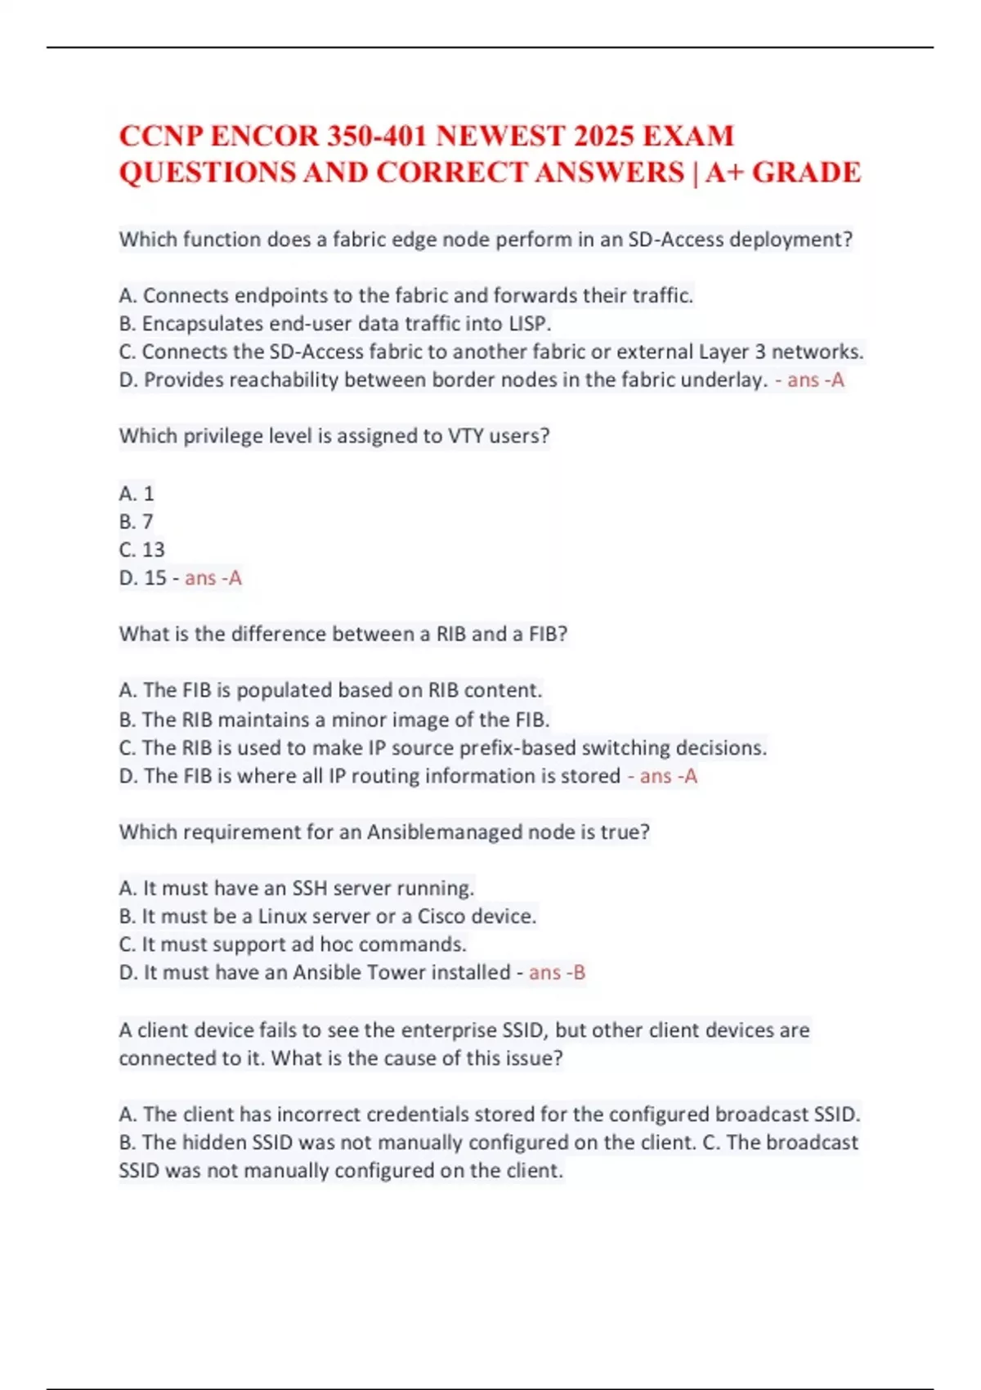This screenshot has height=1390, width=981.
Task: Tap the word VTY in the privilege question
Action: click(x=466, y=436)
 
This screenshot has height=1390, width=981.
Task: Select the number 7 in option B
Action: click(x=148, y=522)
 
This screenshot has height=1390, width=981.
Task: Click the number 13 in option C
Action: click(x=153, y=549)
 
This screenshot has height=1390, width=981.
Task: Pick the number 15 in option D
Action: click(x=155, y=578)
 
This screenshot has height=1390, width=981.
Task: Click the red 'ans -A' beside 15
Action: click(x=213, y=578)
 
